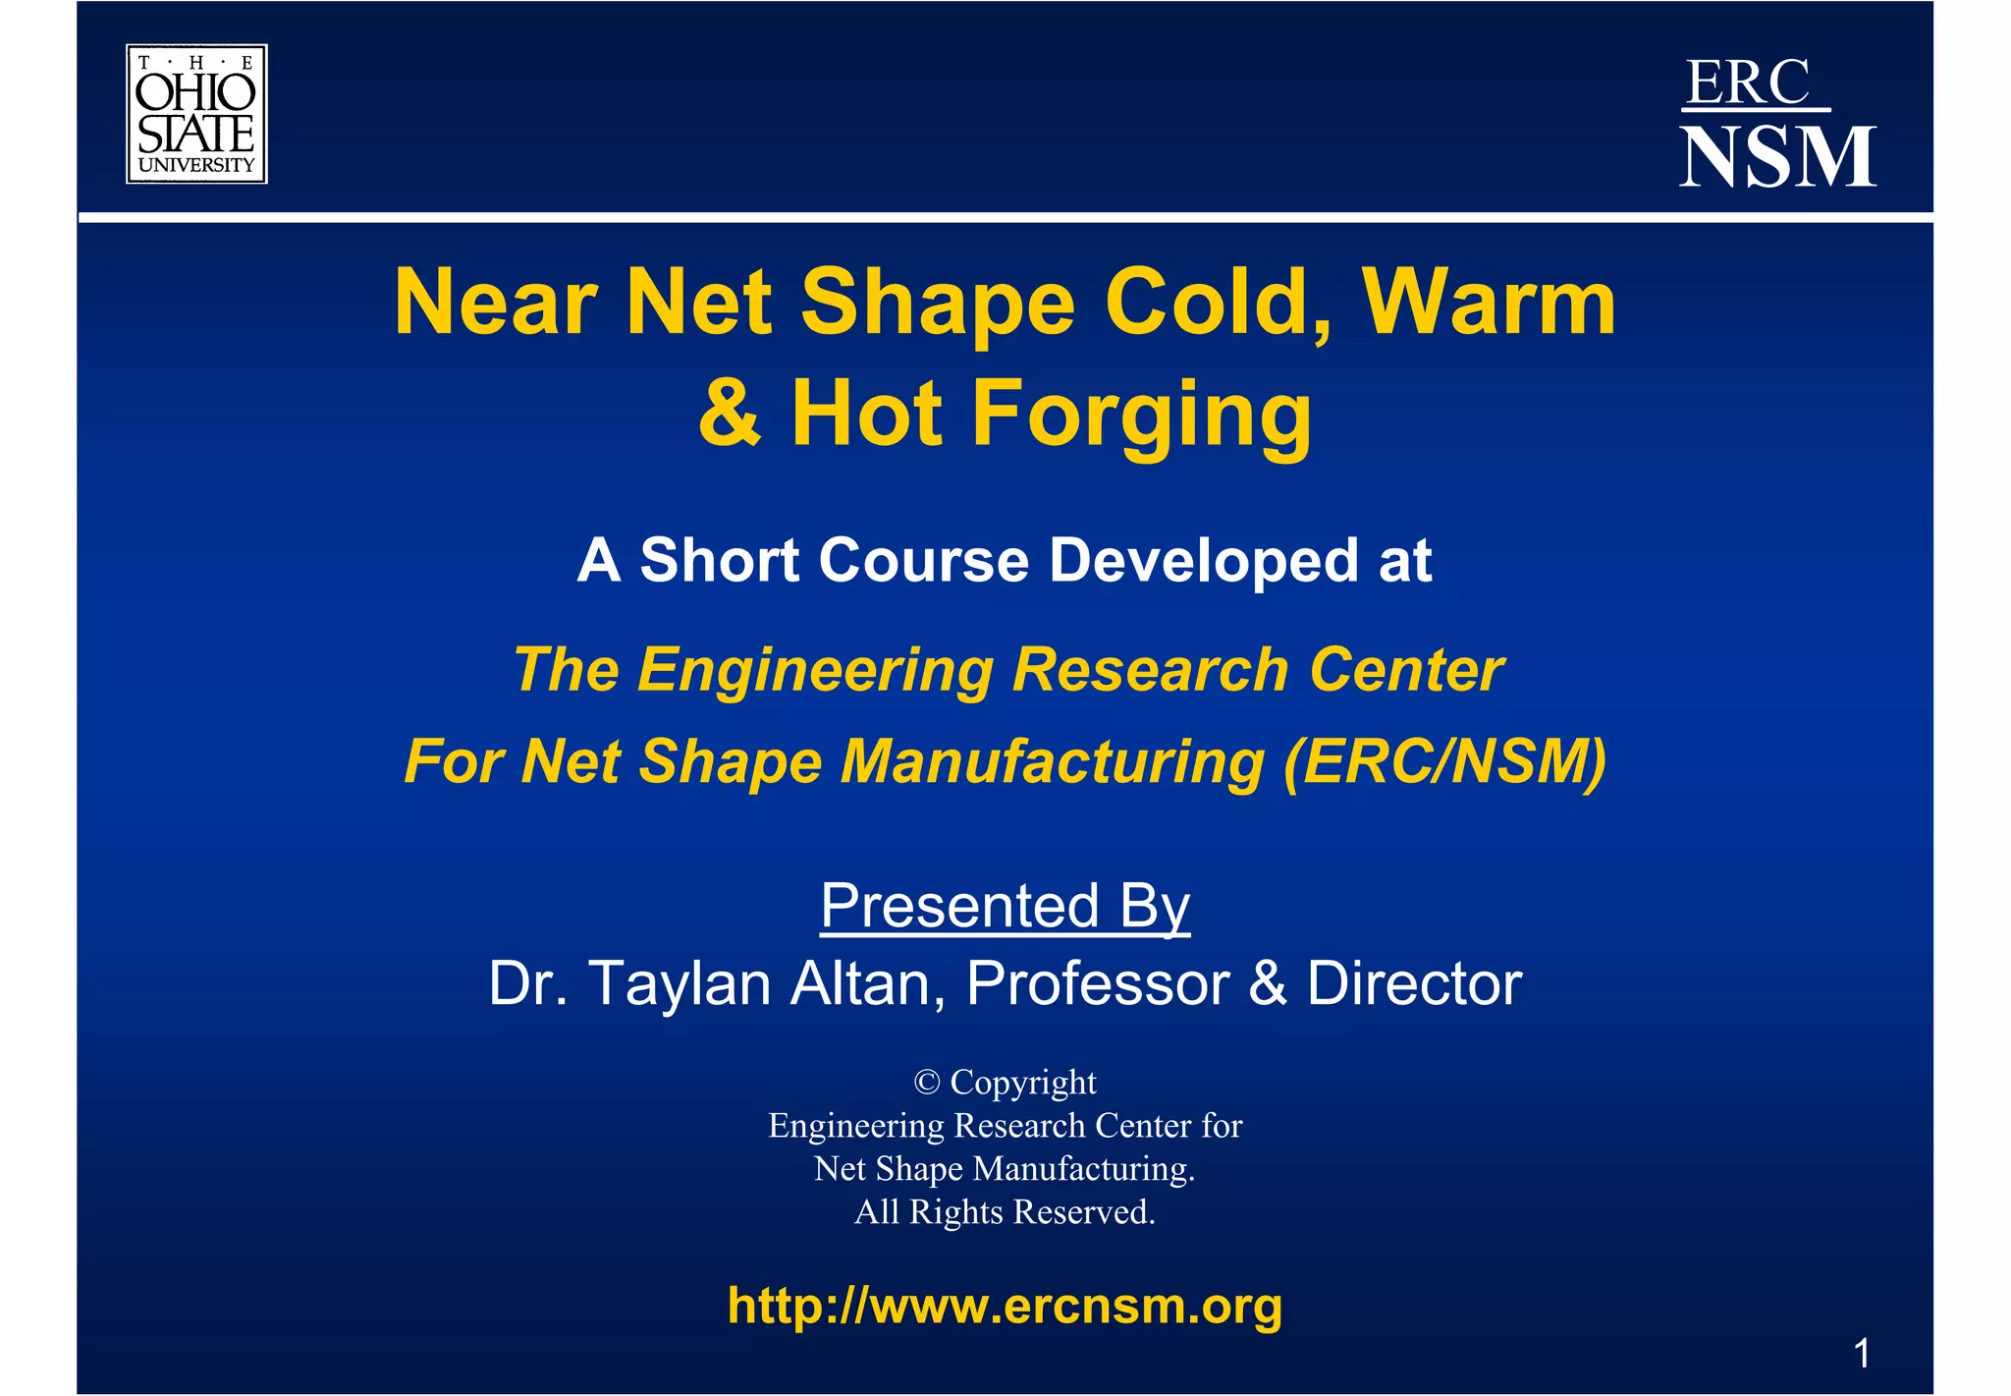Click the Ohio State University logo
[196, 114]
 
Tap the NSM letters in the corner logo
[1777, 157]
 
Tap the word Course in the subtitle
[924, 560]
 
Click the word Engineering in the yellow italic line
[815, 670]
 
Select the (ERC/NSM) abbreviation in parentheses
[1444, 761]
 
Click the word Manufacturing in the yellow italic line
[1052, 761]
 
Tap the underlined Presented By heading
[1005, 905]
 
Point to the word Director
[1414, 983]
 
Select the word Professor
[1097, 983]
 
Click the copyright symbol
[926, 1083]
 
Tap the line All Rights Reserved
[1005, 1212]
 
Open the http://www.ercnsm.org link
[1005, 1306]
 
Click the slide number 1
[1861, 1354]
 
